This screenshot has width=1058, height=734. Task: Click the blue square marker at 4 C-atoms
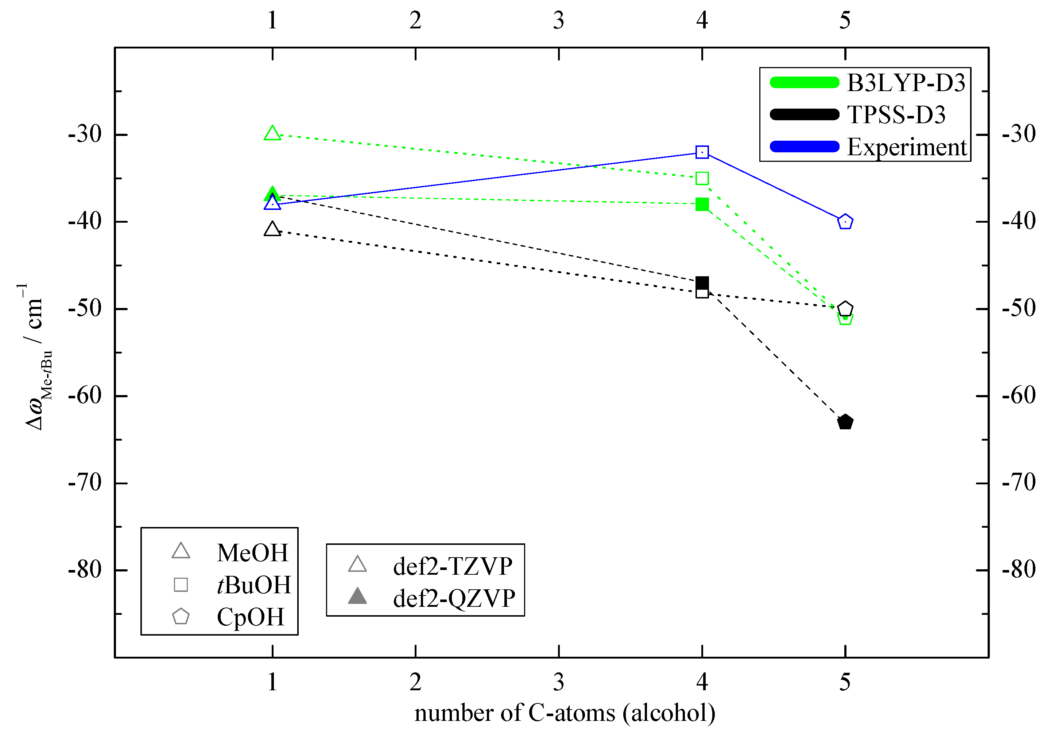pos(702,152)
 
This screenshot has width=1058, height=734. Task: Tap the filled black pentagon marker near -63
pos(845,422)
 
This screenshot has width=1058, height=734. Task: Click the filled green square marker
pos(702,204)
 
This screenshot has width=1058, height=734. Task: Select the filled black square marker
pos(702,282)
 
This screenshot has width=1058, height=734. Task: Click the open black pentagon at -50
pos(845,309)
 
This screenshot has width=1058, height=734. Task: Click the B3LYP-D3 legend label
pos(906,83)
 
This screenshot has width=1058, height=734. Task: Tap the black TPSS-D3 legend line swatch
pos(805,114)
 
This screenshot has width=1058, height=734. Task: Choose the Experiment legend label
pos(907,147)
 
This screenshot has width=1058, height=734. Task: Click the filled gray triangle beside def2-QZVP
pos(357,597)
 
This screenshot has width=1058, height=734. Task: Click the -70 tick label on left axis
pos(85,483)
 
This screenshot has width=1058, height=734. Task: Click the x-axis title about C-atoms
pos(565,713)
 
